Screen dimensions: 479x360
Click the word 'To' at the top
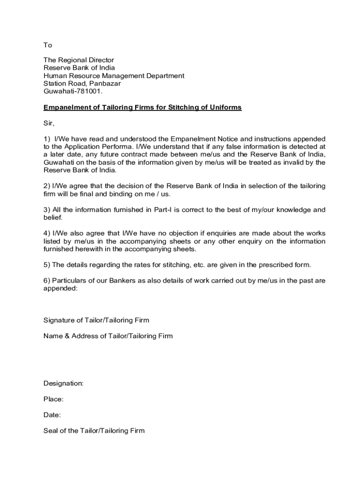coord(48,45)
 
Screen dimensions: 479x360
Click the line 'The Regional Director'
coord(79,60)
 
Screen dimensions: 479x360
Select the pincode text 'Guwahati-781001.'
coord(72,91)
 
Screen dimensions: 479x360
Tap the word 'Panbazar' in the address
coord(105,83)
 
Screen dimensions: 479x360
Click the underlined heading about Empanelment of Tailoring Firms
coord(142,108)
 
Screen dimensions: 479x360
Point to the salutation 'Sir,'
coord(49,124)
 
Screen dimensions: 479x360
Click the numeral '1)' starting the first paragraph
coord(47,139)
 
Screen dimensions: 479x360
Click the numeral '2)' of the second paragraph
coord(47,186)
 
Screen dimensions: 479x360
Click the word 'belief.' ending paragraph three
coord(53,218)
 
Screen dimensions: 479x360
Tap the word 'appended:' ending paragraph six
coord(60,289)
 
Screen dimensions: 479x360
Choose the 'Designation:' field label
coord(64,384)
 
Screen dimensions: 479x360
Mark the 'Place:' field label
coord(53,399)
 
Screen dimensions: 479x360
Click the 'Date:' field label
coord(52,415)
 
